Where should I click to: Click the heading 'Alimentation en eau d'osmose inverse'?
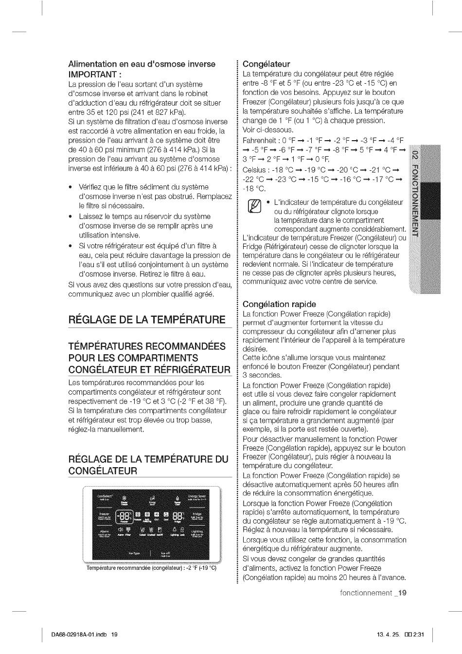tap(142, 64)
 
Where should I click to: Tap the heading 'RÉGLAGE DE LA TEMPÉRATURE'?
tap(147, 319)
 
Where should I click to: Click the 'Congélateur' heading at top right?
tap(266, 64)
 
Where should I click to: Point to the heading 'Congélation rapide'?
tap(279, 304)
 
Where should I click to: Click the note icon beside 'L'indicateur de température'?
tap(254, 206)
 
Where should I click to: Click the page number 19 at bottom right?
tap(401, 593)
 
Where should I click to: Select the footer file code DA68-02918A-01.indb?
tap(80, 635)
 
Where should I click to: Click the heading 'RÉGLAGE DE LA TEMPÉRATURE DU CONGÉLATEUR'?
tap(148, 465)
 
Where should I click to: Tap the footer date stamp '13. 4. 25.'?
tap(388, 635)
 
